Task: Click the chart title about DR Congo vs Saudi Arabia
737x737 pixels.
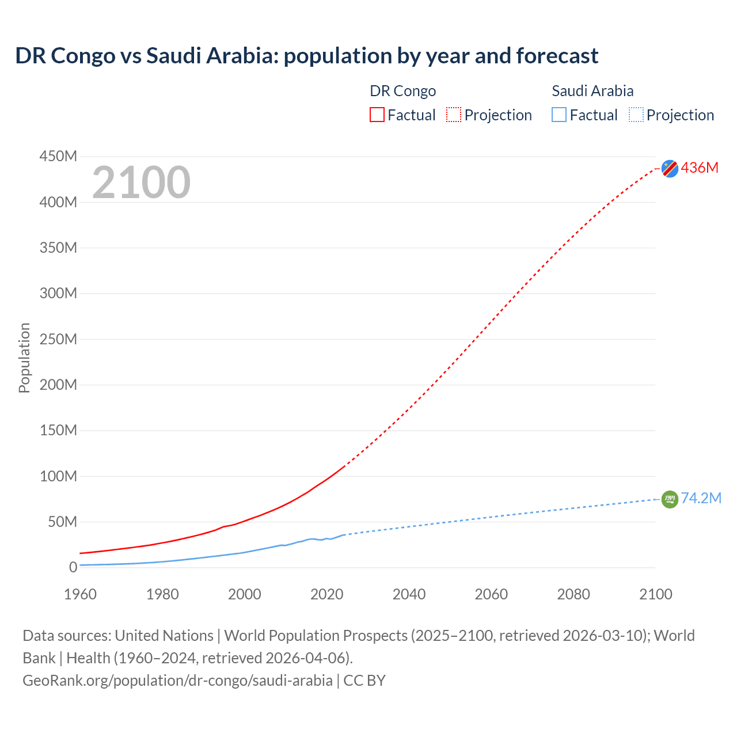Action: pos(306,56)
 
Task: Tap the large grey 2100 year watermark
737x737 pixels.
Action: pos(141,183)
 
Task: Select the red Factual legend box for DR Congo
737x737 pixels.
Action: pos(377,115)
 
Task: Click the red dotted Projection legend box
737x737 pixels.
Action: pos(454,115)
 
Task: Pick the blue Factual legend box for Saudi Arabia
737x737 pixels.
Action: pos(559,115)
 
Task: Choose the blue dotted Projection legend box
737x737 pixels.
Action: pos(636,115)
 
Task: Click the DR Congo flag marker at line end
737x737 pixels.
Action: pos(670,168)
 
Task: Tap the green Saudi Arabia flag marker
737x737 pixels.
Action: pos(670,499)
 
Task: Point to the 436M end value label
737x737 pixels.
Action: pos(700,168)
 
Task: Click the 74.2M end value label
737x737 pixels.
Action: pos(701,498)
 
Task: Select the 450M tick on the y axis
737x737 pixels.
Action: pos(58,156)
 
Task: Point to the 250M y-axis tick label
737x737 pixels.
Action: pos(58,339)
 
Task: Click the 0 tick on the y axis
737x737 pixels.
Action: pos(73,567)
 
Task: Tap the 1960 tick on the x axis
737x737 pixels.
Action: pos(80,594)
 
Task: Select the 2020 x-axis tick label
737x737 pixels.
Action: pos(326,594)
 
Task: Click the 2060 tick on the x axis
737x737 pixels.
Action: pos(491,594)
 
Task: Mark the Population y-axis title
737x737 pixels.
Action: pos(24,358)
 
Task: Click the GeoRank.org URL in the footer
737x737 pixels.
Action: pos(177,680)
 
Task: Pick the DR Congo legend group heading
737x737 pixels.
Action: pos(402,91)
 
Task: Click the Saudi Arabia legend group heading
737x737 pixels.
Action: pos(592,91)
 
